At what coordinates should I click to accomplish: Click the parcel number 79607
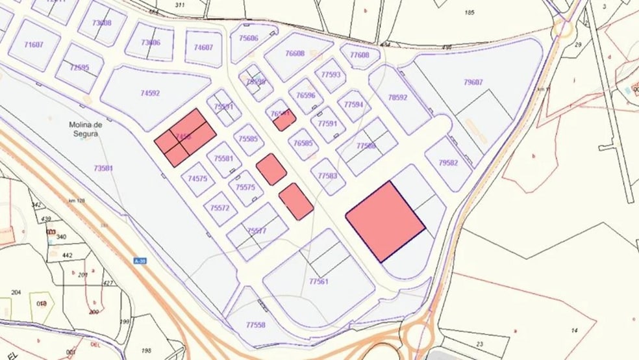473,82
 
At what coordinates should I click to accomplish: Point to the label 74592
150,93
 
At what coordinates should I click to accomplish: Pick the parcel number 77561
319,281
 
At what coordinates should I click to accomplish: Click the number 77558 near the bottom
255,324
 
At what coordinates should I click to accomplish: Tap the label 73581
103,168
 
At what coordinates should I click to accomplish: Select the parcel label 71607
34,45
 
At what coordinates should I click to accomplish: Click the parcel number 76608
295,54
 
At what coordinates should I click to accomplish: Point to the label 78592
397,97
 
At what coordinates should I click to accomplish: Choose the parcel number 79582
448,162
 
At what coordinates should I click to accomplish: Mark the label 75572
219,209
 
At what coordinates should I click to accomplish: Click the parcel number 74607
203,47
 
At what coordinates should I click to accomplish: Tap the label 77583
328,175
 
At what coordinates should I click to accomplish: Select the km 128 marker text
77,201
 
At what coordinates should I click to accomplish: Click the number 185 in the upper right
471,12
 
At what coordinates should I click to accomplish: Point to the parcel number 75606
248,38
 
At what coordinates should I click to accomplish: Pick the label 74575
197,178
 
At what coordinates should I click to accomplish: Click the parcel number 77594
354,104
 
